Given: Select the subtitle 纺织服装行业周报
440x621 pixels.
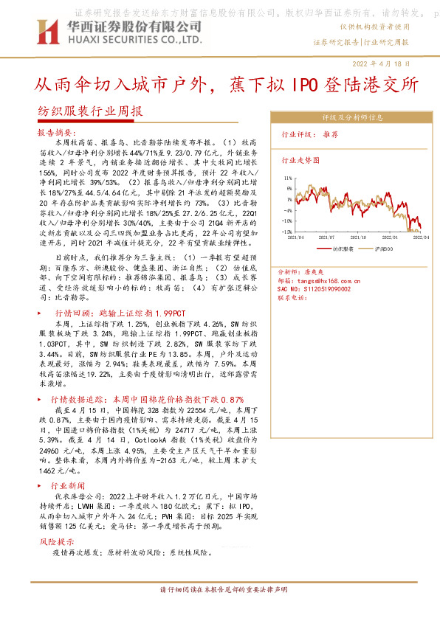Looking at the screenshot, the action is [89, 112].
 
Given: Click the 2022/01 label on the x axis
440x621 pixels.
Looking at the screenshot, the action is [393, 237].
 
